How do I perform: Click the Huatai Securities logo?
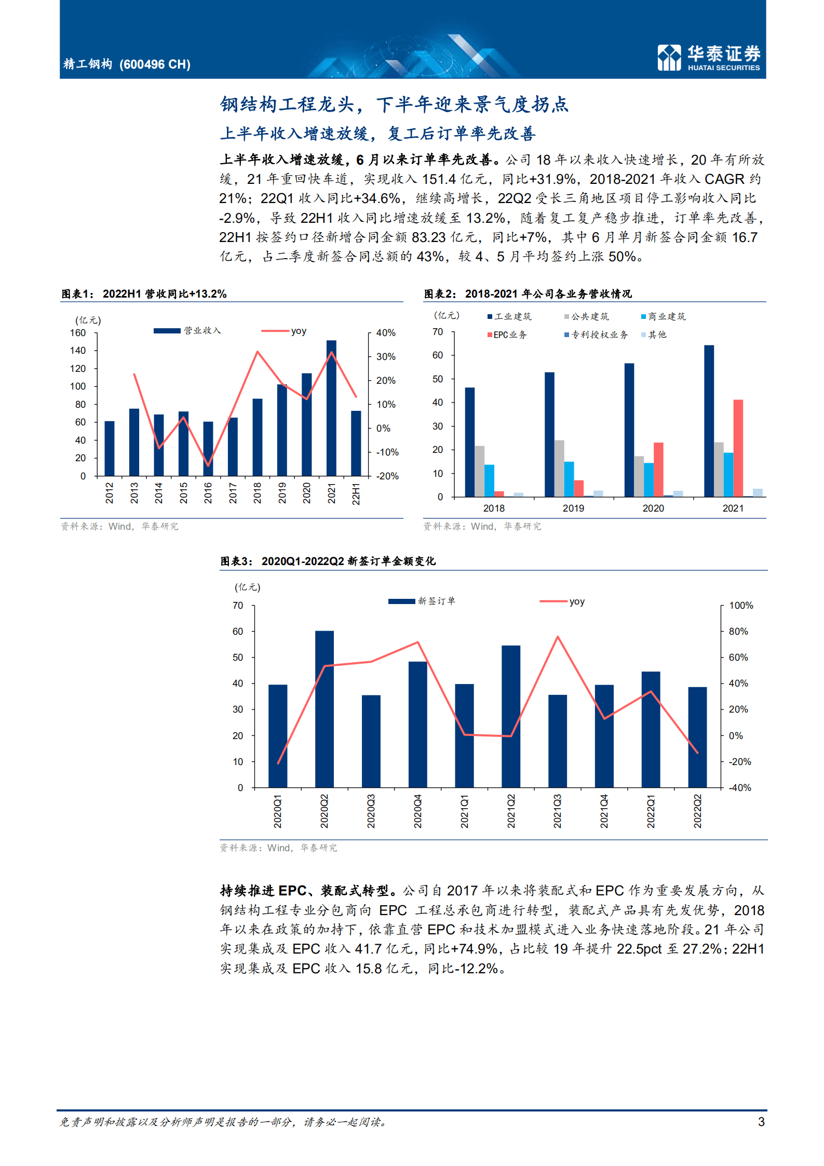pos(708,57)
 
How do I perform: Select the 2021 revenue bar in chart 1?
pos(331,408)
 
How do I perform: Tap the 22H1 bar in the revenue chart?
pos(356,443)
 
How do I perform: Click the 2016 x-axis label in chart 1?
pos(208,492)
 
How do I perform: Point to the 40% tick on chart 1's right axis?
pos(386,333)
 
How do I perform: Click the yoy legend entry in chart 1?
pos(285,331)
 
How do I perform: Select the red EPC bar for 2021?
pos(738,448)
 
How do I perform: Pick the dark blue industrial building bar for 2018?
pos(469,442)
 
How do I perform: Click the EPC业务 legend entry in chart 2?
pos(507,335)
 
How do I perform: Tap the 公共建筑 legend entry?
pos(587,316)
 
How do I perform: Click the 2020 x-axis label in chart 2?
pos(653,508)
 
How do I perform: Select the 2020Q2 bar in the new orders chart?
pos(325,708)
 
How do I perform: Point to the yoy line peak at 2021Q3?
pos(558,637)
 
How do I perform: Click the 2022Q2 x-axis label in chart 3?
pos(697,810)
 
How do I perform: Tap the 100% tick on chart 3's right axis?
pos(741,606)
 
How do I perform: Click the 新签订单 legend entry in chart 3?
pos(422,601)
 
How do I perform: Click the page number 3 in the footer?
pos(761,1121)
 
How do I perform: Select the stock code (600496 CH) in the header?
pos(155,64)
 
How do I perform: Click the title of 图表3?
pos(328,561)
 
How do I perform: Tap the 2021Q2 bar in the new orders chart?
pos(511,716)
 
